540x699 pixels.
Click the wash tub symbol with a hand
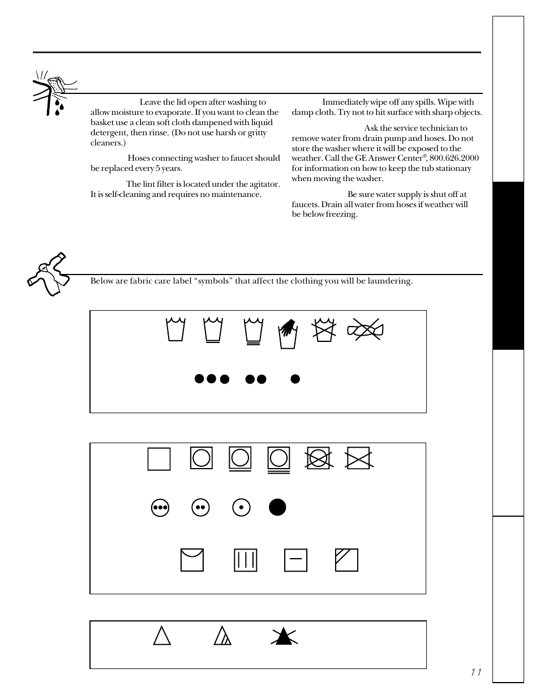(x=288, y=334)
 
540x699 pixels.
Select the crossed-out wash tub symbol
(x=324, y=330)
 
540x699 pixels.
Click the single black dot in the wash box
(x=295, y=379)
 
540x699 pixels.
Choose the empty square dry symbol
(x=159, y=459)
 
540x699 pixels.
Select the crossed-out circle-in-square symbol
(x=319, y=458)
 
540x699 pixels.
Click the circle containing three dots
(x=160, y=508)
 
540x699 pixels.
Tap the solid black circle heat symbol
(x=277, y=507)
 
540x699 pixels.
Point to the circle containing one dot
(x=241, y=508)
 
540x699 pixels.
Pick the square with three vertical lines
(x=245, y=560)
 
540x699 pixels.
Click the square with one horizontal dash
(x=295, y=560)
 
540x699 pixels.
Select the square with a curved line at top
(x=192, y=560)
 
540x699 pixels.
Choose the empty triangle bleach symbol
(x=162, y=637)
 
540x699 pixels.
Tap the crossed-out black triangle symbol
(x=284, y=637)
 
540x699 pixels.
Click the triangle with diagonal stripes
(x=223, y=637)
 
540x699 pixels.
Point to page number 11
(x=475, y=672)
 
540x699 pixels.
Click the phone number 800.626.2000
(x=454, y=158)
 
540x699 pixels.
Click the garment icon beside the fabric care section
(x=48, y=274)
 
